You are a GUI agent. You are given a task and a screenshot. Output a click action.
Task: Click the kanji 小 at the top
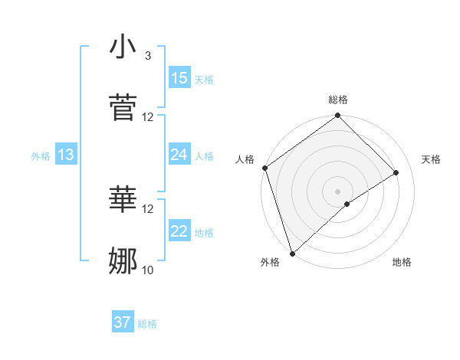123,47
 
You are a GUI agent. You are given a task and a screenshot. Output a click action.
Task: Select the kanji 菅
123,108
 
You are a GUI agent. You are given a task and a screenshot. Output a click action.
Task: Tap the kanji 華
123,200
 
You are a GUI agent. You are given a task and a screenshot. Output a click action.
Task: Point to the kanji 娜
123,260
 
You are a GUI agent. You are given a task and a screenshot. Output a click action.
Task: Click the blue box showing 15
179,78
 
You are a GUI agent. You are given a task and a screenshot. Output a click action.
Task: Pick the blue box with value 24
179,155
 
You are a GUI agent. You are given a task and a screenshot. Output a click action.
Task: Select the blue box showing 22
179,231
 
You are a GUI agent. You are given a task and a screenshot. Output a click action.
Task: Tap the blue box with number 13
65,155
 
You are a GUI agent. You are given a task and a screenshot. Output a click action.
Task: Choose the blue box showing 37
123,322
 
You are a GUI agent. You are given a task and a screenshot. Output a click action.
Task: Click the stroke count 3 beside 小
147,56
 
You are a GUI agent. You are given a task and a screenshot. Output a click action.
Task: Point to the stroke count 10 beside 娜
148,270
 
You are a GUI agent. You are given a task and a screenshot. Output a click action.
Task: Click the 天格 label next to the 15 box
204,79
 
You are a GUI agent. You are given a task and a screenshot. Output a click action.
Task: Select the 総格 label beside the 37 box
147,324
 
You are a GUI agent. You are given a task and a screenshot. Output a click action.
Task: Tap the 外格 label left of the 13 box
41,155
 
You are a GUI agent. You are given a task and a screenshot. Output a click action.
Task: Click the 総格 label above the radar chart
338,100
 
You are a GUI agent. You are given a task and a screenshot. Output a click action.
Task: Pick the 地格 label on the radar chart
402,263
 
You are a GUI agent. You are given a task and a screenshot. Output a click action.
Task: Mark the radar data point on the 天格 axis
396,172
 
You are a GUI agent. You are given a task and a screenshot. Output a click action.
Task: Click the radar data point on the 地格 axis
347,204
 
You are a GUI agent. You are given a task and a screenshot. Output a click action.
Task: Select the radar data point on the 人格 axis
264,168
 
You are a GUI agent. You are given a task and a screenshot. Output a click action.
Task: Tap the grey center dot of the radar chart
338,191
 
